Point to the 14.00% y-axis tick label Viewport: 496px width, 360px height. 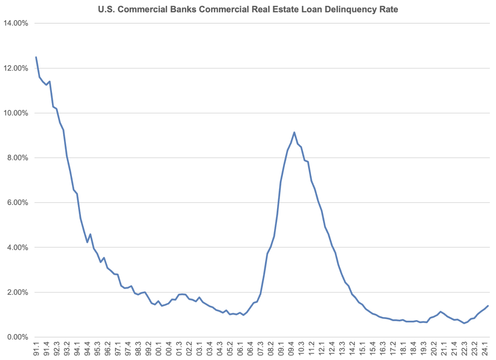pyautogui.click(x=15, y=23)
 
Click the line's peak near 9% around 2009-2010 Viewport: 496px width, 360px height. pyautogui.click(x=294, y=133)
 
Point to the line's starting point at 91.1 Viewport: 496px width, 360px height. pyautogui.click(x=36, y=57)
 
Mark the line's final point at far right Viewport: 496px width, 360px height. pyautogui.click(x=488, y=306)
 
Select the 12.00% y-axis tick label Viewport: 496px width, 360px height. pyautogui.click(x=15, y=68)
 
